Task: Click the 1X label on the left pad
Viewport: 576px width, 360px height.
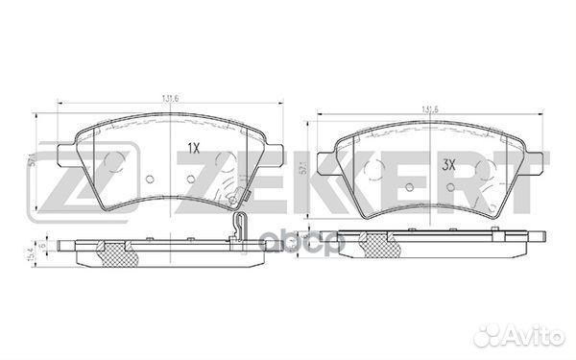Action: [192, 149]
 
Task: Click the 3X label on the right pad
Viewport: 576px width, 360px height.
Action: [448, 164]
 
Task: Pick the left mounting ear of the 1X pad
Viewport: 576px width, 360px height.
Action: [65, 156]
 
